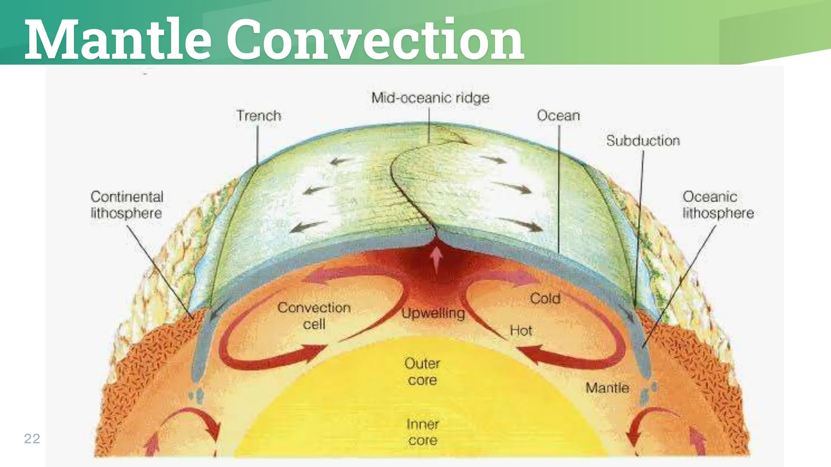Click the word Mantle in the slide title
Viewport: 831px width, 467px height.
pos(118,39)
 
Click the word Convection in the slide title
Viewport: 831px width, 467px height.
pos(375,39)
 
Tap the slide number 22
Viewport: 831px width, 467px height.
pos(32,439)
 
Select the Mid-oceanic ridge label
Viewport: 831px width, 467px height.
pos(431,98)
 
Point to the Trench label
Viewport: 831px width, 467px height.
pos(259,116)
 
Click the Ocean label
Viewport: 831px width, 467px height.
pos(558,116)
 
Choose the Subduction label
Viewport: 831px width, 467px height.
pos(643,141)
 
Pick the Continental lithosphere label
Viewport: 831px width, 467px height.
pos(127,205)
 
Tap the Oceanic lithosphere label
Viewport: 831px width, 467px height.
pos(718,205)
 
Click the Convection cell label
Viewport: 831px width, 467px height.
pos(314,316)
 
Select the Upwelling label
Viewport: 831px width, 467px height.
pos(433,313)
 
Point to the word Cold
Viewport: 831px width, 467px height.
pos(545,299)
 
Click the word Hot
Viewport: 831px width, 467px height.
pos(521,331)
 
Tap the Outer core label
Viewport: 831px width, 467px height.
pos(422,372)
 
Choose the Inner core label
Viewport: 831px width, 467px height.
pos(422,432)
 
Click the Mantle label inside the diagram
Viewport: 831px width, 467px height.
pos(607,388)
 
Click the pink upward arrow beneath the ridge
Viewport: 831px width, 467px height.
pos(436,259)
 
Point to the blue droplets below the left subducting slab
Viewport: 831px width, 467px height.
pos(196,395)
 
